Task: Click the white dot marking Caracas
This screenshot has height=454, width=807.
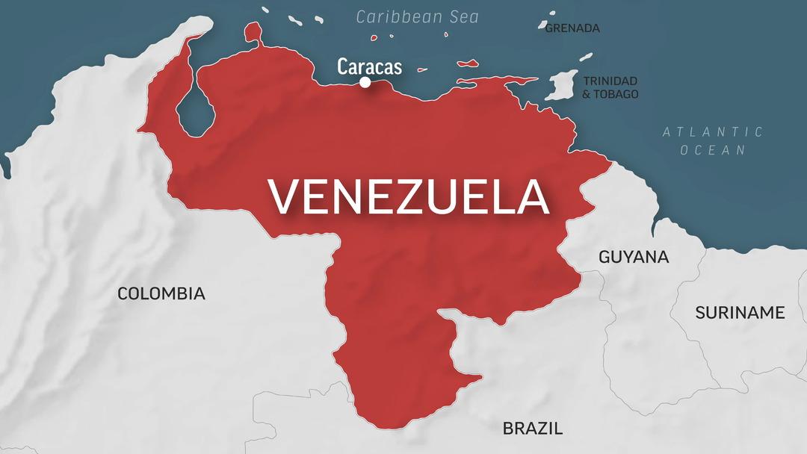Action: click(x=365, y=82)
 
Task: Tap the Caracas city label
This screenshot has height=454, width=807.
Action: click(x=369, y=66)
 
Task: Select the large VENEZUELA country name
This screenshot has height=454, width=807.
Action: click(x=409, y=196)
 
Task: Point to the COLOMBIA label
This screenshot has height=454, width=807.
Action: click(x=161, y=293)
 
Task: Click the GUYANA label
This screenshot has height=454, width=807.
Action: click(x=634, y=257)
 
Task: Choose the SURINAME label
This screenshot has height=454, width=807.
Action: click(x=740, y=312)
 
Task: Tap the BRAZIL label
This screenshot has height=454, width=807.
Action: click(x=532, y=428)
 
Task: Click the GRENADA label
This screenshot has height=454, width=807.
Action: click(x=572, y=28)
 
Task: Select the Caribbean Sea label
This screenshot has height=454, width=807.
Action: click(x=417, y=16)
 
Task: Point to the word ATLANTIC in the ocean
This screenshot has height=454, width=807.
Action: click(x=713, y=132)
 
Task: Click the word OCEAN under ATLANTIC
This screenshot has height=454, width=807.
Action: click(x=714, y=150)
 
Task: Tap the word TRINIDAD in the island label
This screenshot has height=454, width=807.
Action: click(x=610, y=81)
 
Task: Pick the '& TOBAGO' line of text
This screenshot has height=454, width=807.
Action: click(x=610, y=94)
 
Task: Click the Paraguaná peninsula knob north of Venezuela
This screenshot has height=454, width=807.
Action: click(x=253, y=31)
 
